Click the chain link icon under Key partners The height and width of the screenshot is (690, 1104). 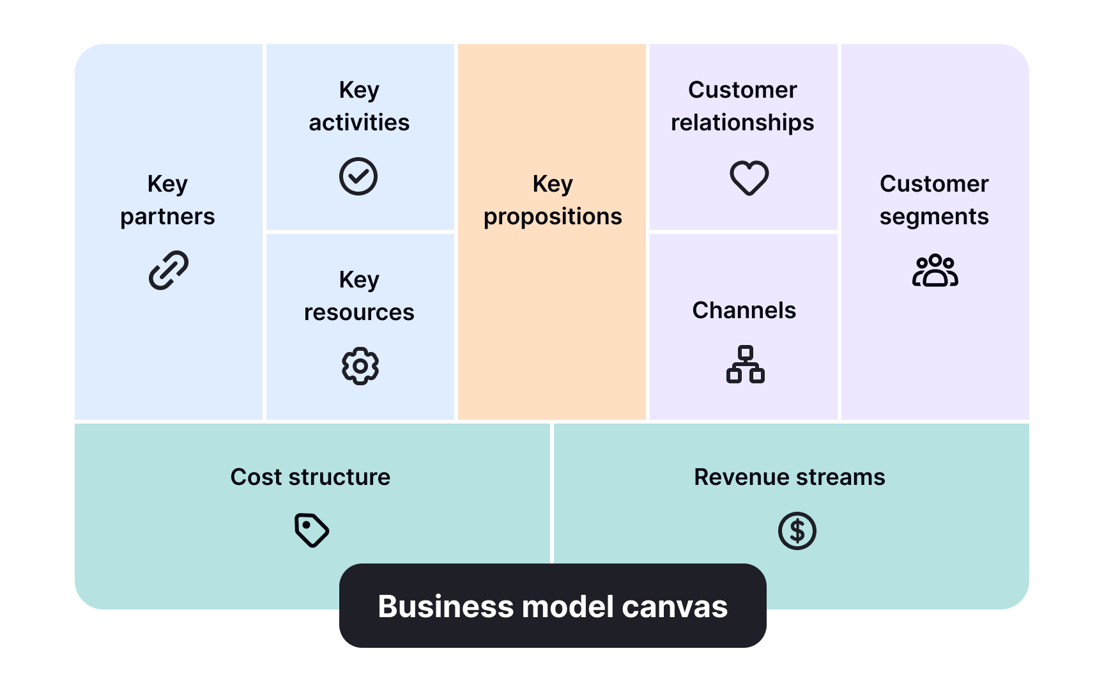(168, 270)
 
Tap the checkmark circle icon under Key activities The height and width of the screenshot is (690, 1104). (358, 176)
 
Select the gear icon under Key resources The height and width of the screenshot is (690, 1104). (360, 366)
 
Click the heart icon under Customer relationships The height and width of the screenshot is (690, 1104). (749, 177)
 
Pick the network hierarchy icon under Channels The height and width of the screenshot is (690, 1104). (745, 364)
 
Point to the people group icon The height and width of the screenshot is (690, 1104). (935, 270)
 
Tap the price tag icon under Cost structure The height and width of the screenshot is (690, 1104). (312, 530)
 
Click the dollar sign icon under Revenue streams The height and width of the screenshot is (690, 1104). (797, 531)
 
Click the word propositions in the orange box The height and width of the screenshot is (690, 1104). (553, 217)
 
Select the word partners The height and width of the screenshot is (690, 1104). (167, 217)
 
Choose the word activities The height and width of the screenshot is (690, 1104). (359, 123)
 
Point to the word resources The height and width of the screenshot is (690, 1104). (359, 312)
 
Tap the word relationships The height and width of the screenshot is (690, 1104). (742, 123)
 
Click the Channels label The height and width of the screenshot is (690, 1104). (744, 310)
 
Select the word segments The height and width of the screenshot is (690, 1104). (934, 217)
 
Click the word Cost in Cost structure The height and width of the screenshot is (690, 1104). (256, 477)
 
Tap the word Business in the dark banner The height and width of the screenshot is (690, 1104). (445, 606)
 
